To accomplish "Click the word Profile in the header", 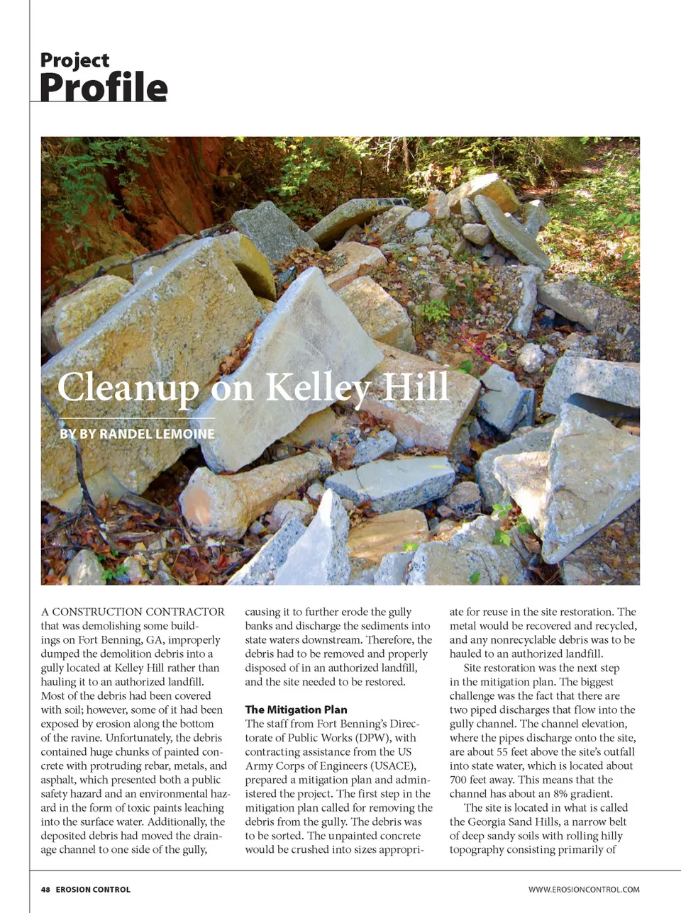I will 104,87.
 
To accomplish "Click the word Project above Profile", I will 74,60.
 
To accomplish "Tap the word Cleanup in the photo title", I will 128,388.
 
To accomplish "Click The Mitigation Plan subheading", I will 296,710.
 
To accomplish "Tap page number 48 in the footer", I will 45,889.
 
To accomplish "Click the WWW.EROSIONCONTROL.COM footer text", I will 584,889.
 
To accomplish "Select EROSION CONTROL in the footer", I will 93,889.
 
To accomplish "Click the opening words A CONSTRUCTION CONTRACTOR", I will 133,612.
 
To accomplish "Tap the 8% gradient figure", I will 553,794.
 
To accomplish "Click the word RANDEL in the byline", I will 124,434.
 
